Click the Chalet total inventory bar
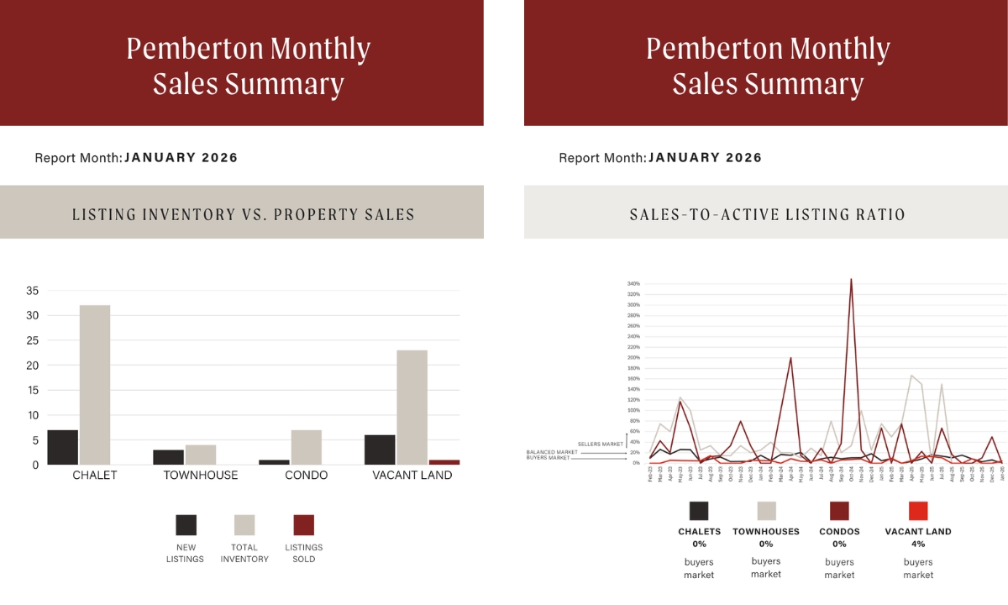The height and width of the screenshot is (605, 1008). click(94, 385)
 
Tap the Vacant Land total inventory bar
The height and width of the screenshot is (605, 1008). click(412, 408)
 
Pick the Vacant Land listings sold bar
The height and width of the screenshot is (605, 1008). click(444, 462)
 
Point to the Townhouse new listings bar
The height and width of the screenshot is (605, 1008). click(168, 457)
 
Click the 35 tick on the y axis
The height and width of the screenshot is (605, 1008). click(33, 291)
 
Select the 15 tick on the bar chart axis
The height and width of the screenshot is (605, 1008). click(33, 391)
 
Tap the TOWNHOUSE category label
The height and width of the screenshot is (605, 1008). click(200, 476)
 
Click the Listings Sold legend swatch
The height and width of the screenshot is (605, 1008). click(303, 525)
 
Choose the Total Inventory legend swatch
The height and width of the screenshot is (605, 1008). click(244, 525)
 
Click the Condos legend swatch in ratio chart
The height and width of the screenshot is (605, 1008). click(839, 511)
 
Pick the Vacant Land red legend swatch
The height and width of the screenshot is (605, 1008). click(918, 511)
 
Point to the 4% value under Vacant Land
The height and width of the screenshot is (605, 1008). click(918, 544)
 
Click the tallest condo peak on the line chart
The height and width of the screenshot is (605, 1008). click(852, 280)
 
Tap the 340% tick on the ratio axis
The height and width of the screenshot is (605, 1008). click(633, 284)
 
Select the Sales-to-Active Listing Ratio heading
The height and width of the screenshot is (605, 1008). click(767, 214)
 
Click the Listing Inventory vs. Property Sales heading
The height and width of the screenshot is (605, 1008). click(243, 214)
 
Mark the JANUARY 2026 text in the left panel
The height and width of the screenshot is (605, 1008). click(181, 157)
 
